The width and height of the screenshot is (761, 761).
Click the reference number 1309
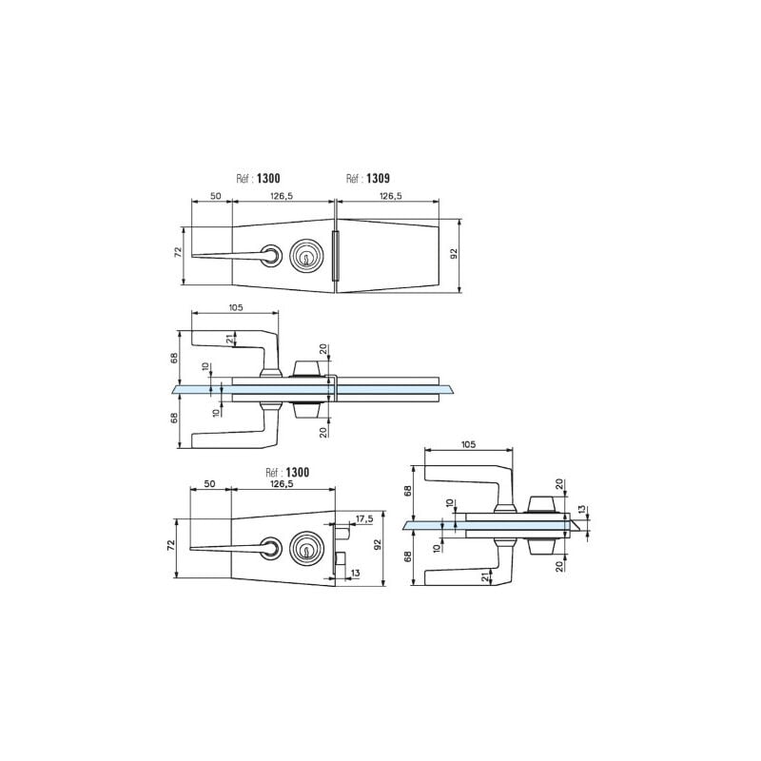point(378,179)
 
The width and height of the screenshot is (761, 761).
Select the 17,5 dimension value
point(364,519)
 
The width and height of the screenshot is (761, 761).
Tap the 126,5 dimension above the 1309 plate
point(391,196)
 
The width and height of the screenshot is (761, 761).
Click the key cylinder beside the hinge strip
point(305,255)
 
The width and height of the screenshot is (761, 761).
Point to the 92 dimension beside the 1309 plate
point(455,253)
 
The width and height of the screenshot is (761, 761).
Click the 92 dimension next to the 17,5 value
point(379,544)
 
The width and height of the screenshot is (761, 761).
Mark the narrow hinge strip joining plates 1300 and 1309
point(334,256)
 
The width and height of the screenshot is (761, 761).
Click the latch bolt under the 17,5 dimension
point(342,532)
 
